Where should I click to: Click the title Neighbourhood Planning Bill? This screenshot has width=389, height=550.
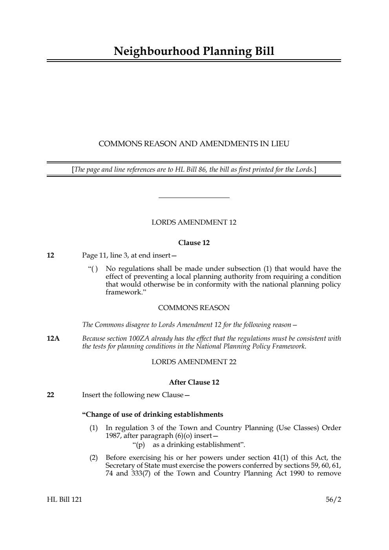coord(194,51)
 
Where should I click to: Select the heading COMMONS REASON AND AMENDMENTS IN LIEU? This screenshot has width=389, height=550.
coord(194,144)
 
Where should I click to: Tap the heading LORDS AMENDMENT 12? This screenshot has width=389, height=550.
coord(194,223)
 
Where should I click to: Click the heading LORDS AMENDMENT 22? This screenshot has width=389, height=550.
coord(194,362)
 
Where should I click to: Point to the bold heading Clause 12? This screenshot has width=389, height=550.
coord(194,243)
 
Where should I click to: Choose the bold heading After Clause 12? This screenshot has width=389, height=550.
coord(194,382)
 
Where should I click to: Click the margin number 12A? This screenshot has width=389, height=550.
coord(53,339)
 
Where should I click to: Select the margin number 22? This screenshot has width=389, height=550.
coord(50,395)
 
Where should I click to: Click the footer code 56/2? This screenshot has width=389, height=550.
coord(333,500)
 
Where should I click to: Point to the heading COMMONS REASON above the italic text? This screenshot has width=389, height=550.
coord(194,308)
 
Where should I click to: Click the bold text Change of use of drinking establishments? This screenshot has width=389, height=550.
coord(153,415)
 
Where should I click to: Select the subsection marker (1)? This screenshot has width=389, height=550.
coord(93,428)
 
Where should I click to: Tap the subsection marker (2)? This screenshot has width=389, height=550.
coord(93,458)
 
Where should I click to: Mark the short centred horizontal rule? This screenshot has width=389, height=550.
coord(194,198)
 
